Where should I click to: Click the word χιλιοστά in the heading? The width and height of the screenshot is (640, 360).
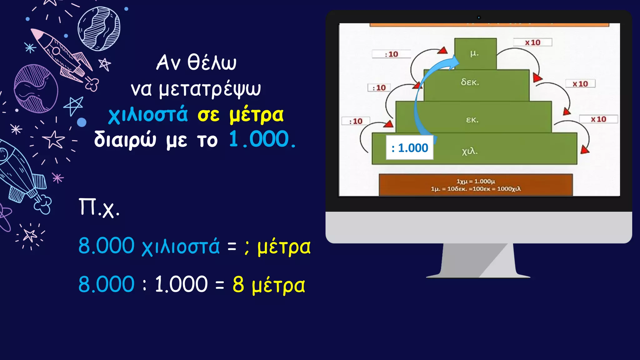tap(148, 115)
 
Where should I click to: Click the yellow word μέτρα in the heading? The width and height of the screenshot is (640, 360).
tap(256, 115)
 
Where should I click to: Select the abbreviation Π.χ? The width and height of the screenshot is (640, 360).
tap(99, 207)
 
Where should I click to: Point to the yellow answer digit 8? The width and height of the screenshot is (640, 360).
tap(238, 285)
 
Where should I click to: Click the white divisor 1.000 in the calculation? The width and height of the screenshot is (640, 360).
tap(181, 285)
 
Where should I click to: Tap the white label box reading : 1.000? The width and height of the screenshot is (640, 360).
tap(410, 148)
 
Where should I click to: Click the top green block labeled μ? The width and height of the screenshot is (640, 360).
tap(475, 54)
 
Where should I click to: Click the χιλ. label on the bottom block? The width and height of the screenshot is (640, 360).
tap(470, 151)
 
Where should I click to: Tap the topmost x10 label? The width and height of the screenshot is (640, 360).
tap(532, 42)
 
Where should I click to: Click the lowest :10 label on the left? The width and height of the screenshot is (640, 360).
tap(356, 121)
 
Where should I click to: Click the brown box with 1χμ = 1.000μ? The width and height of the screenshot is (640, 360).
tap(476, 185)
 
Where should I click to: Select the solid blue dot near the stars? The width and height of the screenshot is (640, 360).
tap(82, 122)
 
